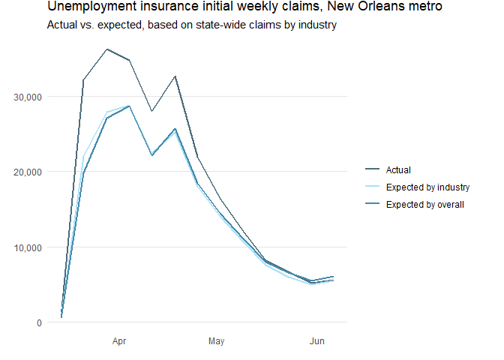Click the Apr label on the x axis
[119, 342]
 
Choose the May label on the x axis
[217, 342]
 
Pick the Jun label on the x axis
[317, 342]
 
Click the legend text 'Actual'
[398, 170]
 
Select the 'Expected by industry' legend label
[427, 187]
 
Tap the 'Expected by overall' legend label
[425, 204]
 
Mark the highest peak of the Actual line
[106, 49]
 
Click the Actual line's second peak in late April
[175, 76]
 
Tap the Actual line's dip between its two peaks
[152, 111]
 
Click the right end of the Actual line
[333, 277]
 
